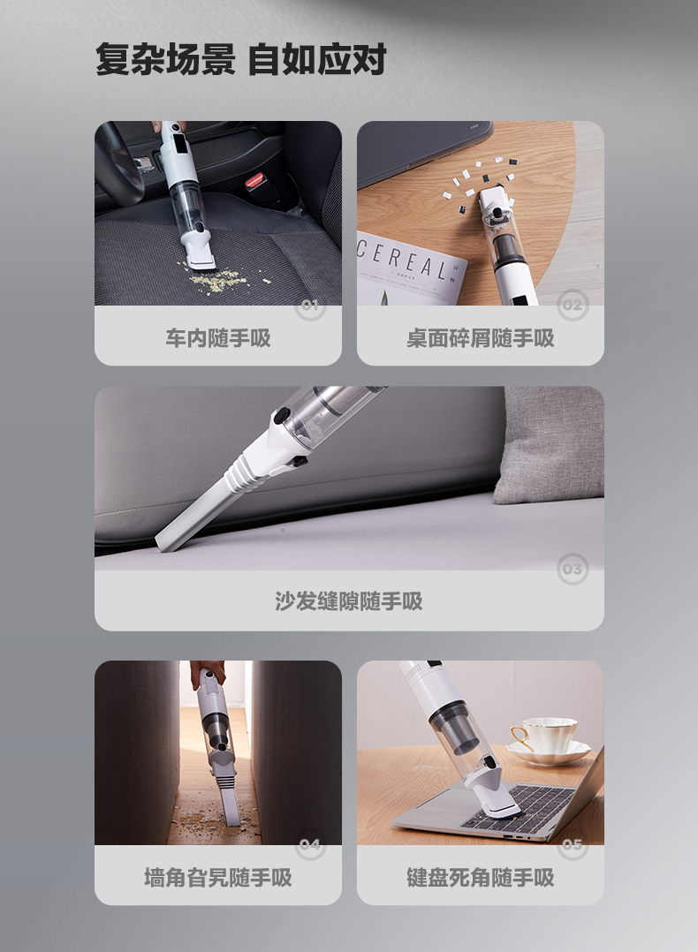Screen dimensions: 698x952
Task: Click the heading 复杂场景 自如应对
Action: coord(240,59)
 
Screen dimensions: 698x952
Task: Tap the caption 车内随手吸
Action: coord(218,338)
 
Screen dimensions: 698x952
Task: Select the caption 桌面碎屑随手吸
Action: coord(480,338)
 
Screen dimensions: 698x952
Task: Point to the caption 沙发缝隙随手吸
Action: coord(349,601)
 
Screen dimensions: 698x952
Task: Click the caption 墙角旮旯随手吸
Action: coord(218,877)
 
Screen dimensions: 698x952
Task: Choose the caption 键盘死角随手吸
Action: coord(480,877)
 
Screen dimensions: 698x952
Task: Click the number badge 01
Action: coord(310,305)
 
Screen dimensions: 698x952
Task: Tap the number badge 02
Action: coord(573,305)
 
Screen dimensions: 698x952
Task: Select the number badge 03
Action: coord(573,569)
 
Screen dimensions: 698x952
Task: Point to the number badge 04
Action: coord(310,844)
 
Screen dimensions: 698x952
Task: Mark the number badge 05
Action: coord(573,844)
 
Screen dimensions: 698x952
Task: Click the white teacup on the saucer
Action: coord(547,737)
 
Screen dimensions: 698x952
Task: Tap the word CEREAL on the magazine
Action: coord(403,260)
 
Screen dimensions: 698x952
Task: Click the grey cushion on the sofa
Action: coord(550,445)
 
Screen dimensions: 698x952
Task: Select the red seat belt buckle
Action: coord(255,180)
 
